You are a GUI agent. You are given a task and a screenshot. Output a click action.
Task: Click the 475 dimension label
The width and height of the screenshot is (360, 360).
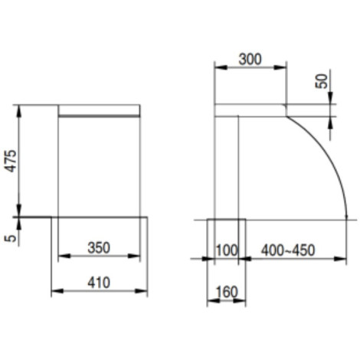coord(11,161)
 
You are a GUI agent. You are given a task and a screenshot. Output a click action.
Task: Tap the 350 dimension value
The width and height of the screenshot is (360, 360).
coord(99,248)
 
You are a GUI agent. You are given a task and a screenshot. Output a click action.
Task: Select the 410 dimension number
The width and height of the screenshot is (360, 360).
coord(99,283)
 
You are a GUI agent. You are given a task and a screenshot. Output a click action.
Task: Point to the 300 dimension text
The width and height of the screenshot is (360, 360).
coord(250,59)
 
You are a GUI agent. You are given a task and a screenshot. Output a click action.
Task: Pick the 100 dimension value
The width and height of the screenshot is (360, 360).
coord(227,250)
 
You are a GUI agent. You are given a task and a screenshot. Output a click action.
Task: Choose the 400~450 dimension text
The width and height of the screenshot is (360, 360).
coord(288,250)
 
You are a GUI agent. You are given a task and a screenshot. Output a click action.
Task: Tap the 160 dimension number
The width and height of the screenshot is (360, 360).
coord(227,292)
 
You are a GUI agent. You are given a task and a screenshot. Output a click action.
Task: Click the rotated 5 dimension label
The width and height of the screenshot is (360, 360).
coord(11,238)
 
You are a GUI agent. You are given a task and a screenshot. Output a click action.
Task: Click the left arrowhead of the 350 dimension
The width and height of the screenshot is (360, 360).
coord(64,256)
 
